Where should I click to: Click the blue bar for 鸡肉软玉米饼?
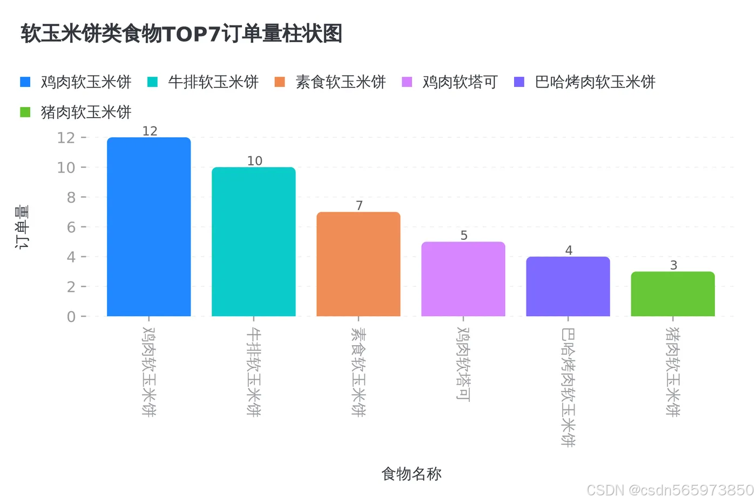pos(148,227)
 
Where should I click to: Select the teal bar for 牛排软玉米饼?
pos(253,241)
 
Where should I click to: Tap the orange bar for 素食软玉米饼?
pos(358,264)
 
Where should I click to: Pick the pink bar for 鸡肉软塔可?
pos(463,279)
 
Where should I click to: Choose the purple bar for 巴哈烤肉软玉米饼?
pos(568,286)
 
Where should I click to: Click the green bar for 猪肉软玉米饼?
pos(672,294)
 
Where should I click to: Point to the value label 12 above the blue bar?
pos(150,131)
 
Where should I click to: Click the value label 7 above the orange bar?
pos(359,206)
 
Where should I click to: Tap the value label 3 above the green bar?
pos(673,265)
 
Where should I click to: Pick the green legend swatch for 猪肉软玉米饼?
pos(25,112)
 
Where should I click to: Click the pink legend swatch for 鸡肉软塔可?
pos(407,82)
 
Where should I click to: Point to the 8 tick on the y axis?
pos(71,198)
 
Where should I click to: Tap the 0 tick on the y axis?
pos(71,317)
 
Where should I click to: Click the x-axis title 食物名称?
pos(411,474)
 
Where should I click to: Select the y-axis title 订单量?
pos(22,227)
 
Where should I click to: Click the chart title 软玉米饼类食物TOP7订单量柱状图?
pos(181,33)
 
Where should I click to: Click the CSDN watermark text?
pos(670,490)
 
